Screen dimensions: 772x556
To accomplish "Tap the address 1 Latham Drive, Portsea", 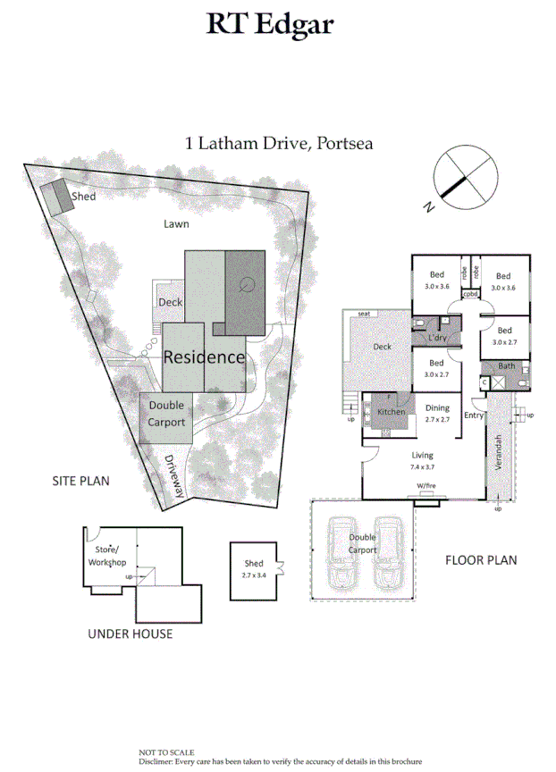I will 278,142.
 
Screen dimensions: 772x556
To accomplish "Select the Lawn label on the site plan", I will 176,223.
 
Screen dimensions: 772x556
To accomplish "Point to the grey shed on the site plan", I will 60,197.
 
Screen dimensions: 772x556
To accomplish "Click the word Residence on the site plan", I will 204,357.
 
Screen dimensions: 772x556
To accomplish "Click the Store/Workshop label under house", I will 106,556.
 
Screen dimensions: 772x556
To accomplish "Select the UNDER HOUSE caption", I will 130,634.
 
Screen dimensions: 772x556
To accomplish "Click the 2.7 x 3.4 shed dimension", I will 254,575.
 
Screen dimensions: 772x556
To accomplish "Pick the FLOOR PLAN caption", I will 481,561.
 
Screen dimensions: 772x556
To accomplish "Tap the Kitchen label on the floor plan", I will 392,412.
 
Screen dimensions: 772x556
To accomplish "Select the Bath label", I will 507,366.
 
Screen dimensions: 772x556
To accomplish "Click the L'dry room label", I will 438,338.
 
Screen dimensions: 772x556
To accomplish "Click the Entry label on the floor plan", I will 475,415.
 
